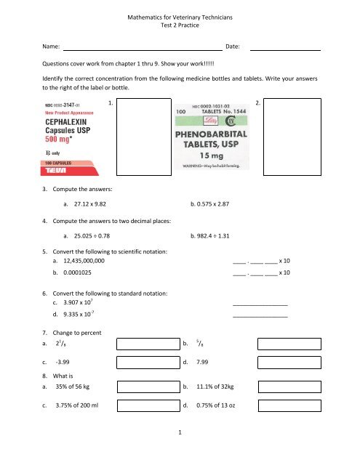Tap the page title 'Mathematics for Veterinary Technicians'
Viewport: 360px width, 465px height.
click(x=180, y=12)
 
